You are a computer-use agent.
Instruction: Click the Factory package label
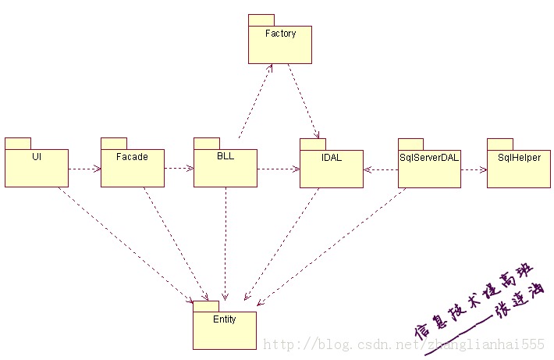coord(280,34)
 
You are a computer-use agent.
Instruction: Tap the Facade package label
coord(132,156)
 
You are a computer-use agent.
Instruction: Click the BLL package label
coord(225,156)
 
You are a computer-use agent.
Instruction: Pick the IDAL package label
coord(331,156)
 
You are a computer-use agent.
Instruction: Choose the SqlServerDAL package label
coord(428,156)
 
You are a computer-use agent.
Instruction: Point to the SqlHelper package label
coord(519,157)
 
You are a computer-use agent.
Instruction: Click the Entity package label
coord(224,319)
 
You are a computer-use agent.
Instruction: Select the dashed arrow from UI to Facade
coord(84,168)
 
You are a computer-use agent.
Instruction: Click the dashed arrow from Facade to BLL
coord(179,168)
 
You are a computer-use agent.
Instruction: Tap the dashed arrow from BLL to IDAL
coord(278,168)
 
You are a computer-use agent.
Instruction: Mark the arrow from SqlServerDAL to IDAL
coord(381,168)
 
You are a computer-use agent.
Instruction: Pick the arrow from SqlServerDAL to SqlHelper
coord(474,168)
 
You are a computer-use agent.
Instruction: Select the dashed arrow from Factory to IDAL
coord(303,100)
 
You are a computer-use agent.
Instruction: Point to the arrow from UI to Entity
coord(125,242)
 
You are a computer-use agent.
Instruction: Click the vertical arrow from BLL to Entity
coord(226,242)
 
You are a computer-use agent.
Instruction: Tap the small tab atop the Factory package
coord(261,20)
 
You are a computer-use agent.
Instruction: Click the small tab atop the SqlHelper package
coord(499,144)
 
